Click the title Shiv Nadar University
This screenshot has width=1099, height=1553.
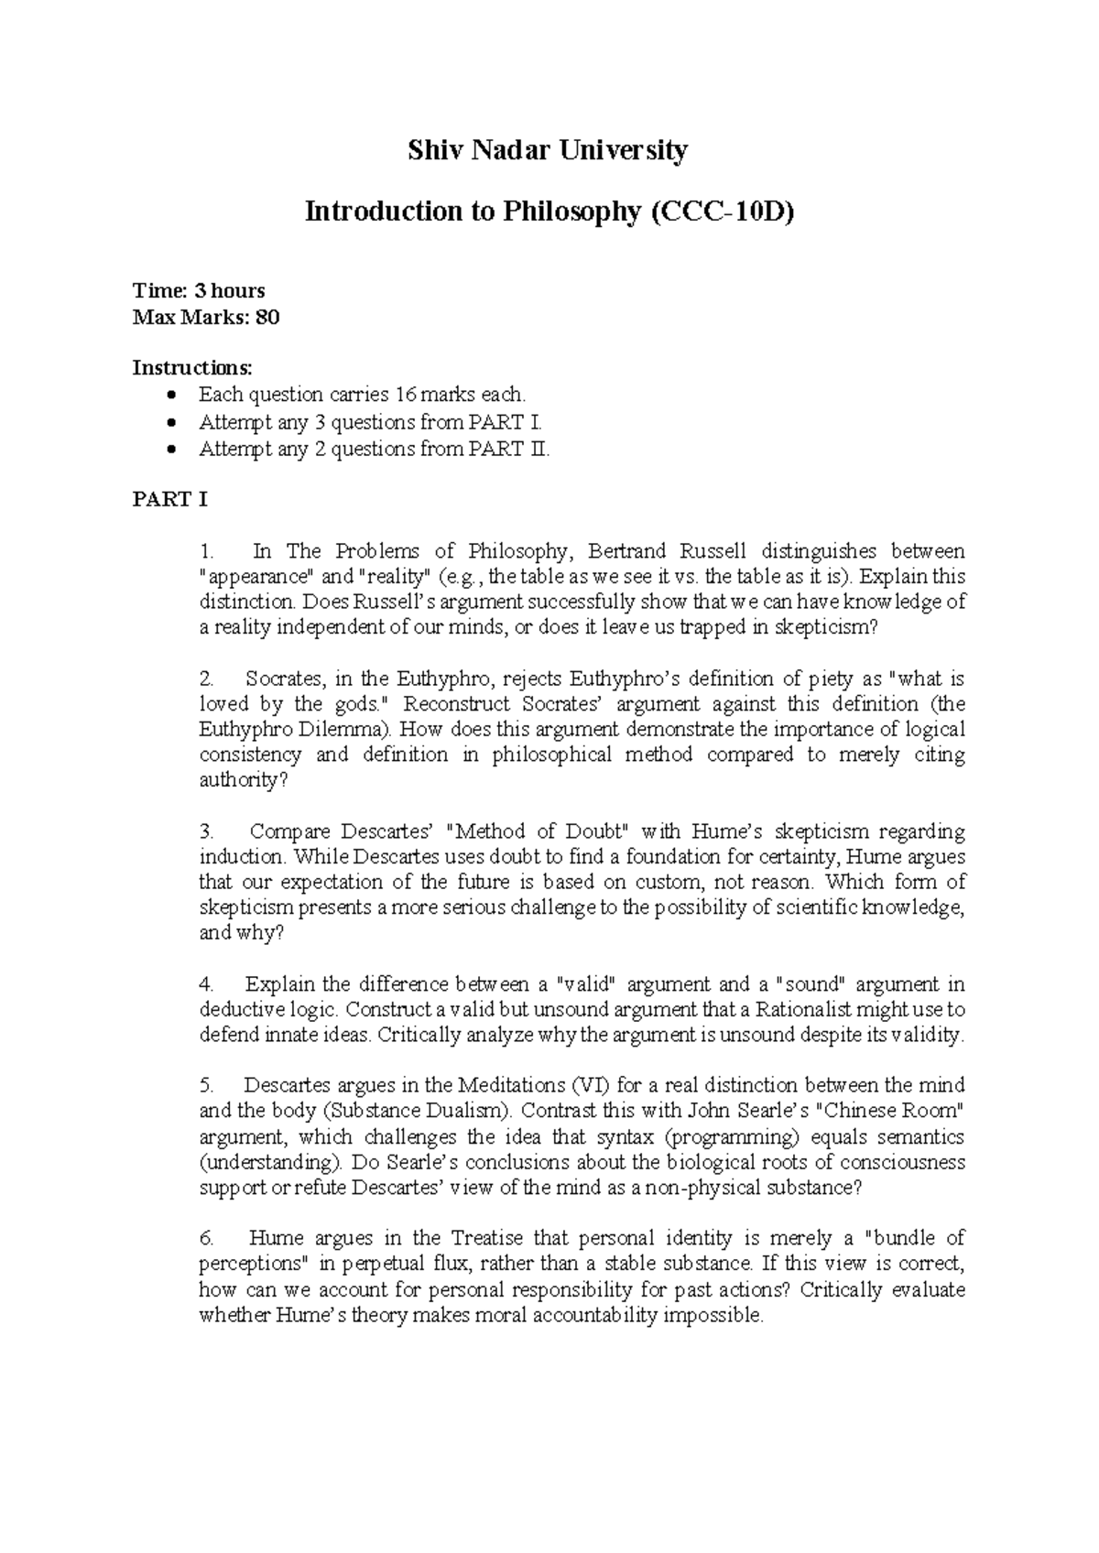point(548,150)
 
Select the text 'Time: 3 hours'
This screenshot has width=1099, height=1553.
point(199,291)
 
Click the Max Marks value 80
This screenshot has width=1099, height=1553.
point(268,318)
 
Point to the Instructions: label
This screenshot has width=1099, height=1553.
point(191,368)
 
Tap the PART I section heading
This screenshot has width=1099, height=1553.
point(170,500)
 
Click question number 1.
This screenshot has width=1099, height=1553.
point(206,552)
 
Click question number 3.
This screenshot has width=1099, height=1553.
point(206,832)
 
